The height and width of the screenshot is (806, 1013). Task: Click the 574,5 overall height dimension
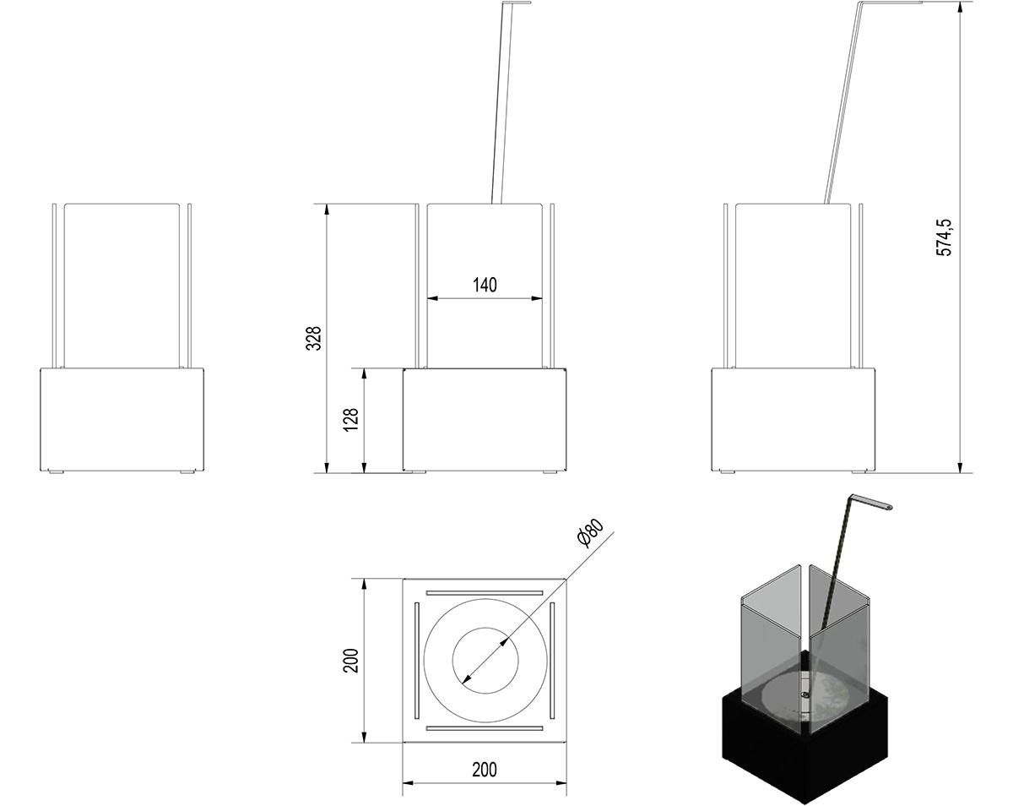coord(944,237)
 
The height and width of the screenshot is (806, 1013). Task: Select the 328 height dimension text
coord(313,338)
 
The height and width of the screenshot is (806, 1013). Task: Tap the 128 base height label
coord(350,420)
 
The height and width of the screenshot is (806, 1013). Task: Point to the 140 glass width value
coord(485,285)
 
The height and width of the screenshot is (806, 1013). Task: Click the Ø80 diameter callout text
coord(591,533)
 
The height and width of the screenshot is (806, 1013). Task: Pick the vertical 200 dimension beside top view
coord(350,661)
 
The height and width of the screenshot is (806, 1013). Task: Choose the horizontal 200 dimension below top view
coord(485,770)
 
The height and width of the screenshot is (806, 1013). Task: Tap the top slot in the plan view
coord(485,593)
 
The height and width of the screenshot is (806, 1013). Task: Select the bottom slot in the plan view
coord(485,728)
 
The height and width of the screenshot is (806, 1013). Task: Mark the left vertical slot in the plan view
coord(416,661)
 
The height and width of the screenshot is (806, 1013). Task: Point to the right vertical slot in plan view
coord(552,661)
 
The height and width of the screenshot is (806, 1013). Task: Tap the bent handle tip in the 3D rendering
coord(889,508)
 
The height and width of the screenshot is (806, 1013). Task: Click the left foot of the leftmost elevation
coord(56,471)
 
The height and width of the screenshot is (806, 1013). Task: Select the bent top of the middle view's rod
coord(517,3)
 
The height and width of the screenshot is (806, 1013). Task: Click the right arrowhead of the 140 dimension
coord(537,298)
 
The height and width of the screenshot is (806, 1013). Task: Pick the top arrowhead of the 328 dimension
coord(327,210)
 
